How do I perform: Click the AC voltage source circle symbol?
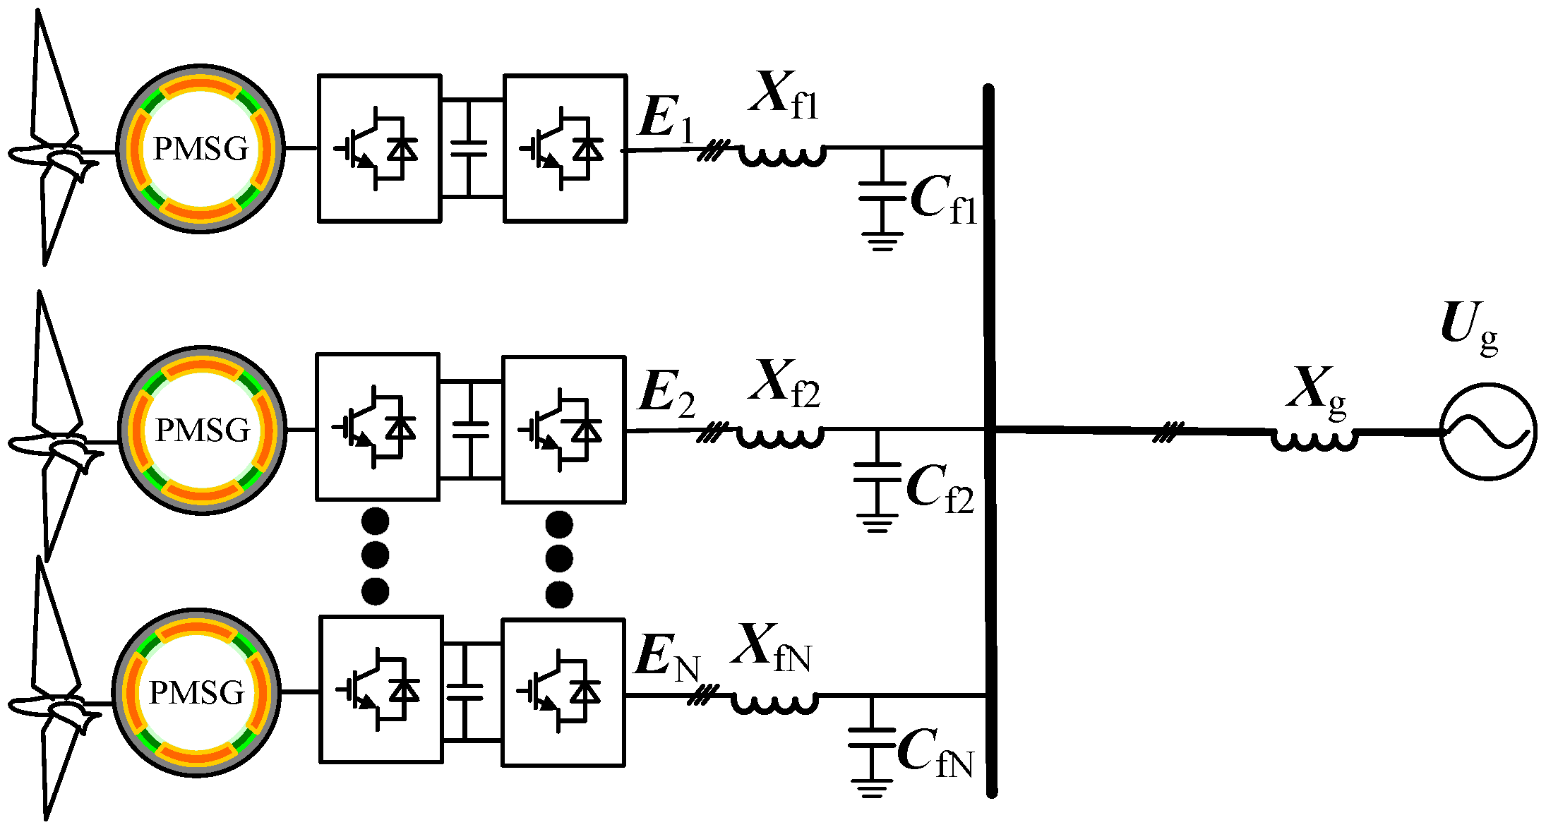click(1487, 432)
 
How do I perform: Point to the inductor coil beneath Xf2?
click(780, 436)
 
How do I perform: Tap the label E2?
click(666, 392)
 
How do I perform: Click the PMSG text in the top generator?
click(200, 149)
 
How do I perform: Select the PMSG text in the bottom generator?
click(197, 693)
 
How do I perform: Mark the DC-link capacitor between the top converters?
click(469, 148)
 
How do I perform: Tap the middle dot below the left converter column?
click(375, 555)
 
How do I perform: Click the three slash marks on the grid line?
click(1168, 432)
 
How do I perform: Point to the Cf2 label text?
click(939, 489)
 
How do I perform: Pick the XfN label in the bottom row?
click(771, 647)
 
